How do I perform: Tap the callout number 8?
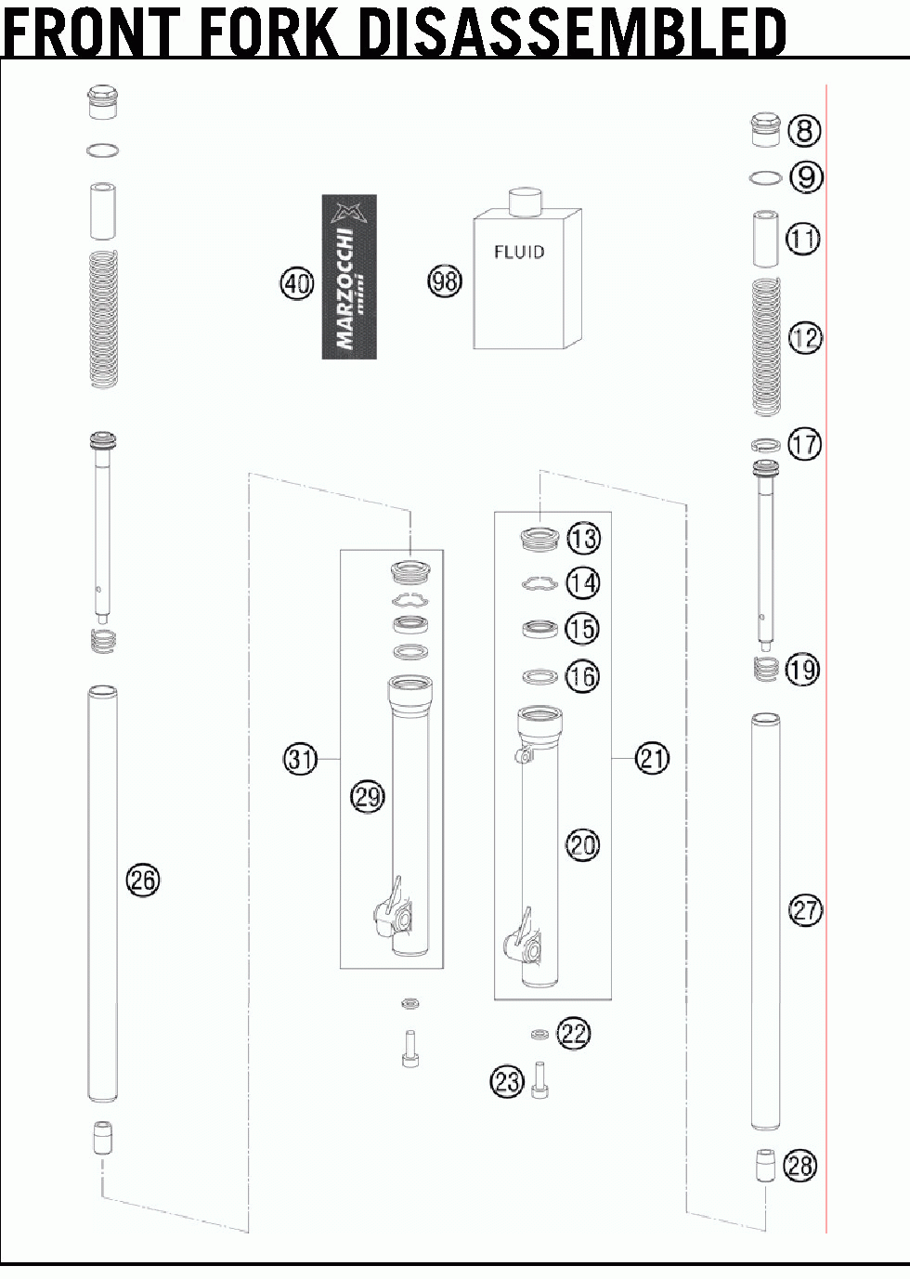tap(804, 130)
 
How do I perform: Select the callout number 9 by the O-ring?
tap(806, 177)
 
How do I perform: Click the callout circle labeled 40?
tap(297, 282)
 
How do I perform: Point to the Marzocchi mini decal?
tap(349, 277)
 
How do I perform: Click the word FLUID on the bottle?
tap(519, 252)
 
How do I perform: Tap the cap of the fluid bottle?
tap(525, 202)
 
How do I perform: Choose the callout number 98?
tap(446, 281)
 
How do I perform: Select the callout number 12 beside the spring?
tap(805, 338)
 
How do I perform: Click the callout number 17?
tap(805, 444)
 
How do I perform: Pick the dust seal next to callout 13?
tap(539, 539)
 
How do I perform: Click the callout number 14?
tap(583, 583)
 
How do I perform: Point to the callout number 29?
tap(368, 797)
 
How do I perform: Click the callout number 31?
tap(301, 760)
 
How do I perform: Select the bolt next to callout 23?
tap(539, 1079)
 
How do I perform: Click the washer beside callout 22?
tap(539, 1034)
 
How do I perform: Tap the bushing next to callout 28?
tap(765, 1166)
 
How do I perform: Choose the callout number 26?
tap(143, 880)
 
